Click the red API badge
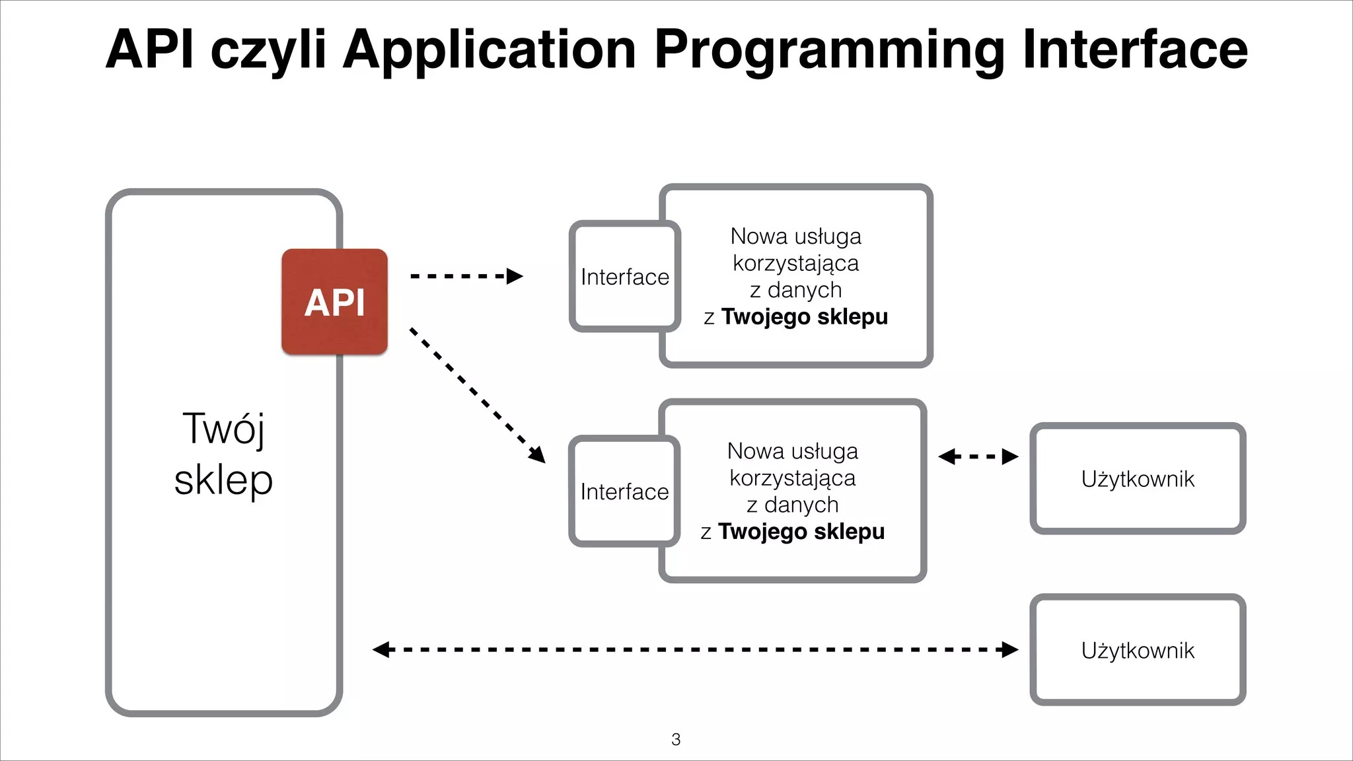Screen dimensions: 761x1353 pyautogui.click(x=334, y=302)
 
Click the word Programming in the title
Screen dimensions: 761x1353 pyautogui.click(x=830, y=50)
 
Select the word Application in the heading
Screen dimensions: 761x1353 pyautogui.click(x=489, y=50)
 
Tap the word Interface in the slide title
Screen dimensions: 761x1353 pyautogui.click(x=1134, y=49)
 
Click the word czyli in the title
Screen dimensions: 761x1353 pyautogui.click(x=268, y=50)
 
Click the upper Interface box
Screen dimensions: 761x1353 pyautogui.click(x=625, y=277)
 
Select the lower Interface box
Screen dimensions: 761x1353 pyautogui.click(x=624, y=491)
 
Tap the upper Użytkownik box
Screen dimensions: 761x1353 pyautogui.click(x=1138, y=479)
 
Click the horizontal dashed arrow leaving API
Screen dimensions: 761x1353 pyautogui.click(x=465, y=276)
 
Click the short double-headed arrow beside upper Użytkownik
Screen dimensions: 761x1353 pyautogui.click(x=978, y=456)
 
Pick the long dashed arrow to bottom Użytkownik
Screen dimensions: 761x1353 pyautogui.click(x=694, y=650)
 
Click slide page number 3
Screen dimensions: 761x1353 pyautogui.click(x=676, y=739)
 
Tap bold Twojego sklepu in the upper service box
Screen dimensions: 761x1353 pyautogui.click(x=804, y=317)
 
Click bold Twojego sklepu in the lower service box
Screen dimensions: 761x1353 pyautogui.click(x=801, y=532)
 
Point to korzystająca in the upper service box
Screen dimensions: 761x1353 pyautogui.click(x=795, y=264)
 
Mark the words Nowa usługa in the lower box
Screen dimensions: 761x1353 pyautogui.click(x=792, y=451)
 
